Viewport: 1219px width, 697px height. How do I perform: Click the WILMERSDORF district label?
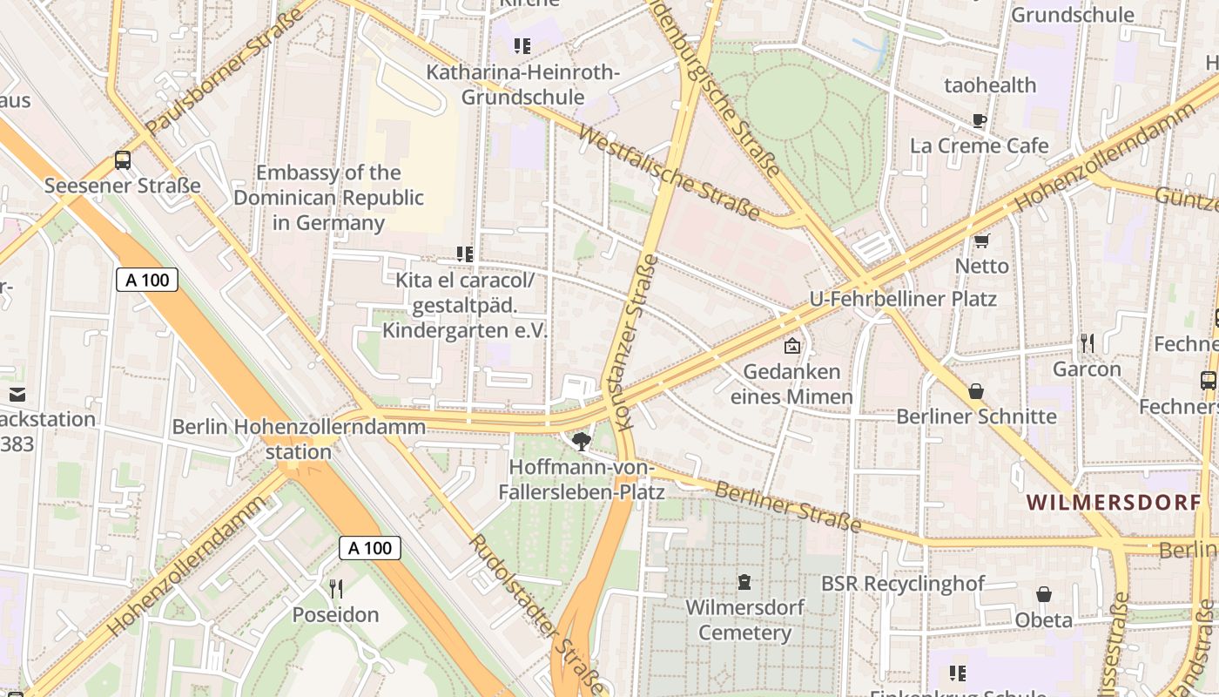(1113, 503)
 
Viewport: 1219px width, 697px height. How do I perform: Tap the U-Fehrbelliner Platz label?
(903, 299)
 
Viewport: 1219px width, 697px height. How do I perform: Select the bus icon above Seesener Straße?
(123, 160)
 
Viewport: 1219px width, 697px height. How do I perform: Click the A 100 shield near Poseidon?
(370, 548)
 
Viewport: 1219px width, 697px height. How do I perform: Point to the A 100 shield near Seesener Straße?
(147, 280)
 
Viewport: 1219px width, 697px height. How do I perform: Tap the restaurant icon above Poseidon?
(336, 589)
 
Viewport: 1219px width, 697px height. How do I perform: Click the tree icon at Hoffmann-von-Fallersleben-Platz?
(582, 441)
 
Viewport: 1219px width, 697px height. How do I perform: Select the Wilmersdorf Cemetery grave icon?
(744, 581)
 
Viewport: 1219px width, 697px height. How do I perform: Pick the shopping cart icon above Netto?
(982, 240)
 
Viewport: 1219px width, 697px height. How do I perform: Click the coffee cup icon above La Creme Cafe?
(980, 120)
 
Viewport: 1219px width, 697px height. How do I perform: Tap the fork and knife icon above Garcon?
(1087, 342)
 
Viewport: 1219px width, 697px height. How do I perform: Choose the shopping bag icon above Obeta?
(1044, 594)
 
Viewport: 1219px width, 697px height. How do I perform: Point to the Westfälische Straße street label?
(668, 173)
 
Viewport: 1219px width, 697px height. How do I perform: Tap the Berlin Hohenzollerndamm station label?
(299, 439)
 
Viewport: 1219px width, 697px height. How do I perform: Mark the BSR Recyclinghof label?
(903, 583)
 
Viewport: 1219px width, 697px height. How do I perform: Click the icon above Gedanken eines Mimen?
(791, 347)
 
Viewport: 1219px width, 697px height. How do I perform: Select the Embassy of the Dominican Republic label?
(329, 198)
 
